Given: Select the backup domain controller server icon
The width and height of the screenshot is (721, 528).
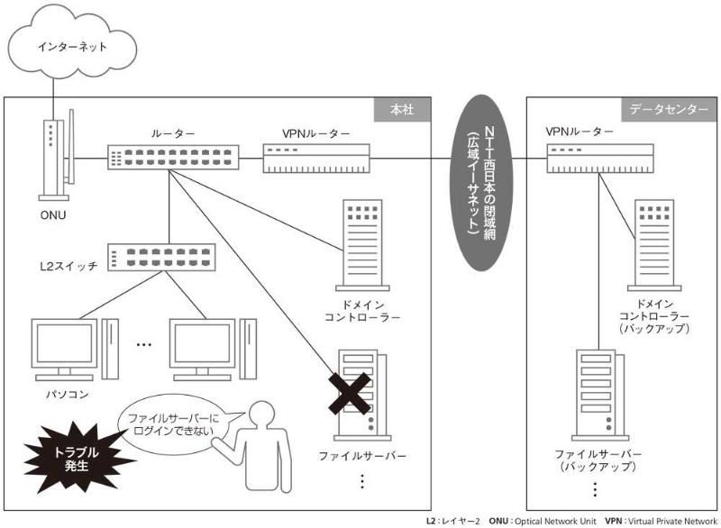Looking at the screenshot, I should point(654,244).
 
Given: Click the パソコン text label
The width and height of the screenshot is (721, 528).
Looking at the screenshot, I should point(68,394).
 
